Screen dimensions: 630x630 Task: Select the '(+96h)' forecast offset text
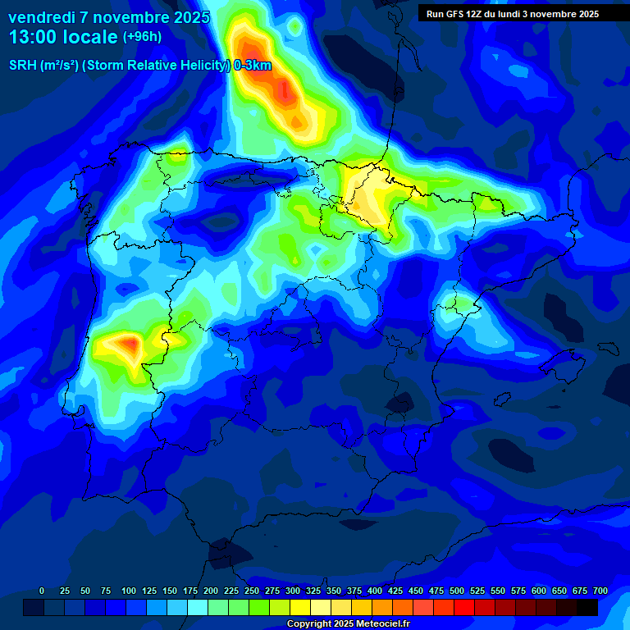[x=142, y=37]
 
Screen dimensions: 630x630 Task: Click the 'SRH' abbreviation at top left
[x=23, y=66]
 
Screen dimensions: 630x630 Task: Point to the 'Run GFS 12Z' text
[x=456, y=14]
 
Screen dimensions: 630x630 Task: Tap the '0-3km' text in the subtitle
[x=253, y=66]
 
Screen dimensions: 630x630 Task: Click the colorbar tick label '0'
[x=42, y=591]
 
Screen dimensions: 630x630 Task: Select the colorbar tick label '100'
[x=129, y=591]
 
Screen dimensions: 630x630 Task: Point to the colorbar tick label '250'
[x=252, y=591]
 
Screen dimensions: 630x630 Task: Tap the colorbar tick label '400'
[x=375, y=591]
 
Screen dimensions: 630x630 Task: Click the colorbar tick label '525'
[x=477, y=591]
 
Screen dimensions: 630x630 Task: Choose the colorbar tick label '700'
[x=600, y=591]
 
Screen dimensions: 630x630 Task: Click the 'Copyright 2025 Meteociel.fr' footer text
[x=349, y=623]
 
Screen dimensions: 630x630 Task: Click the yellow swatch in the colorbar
[x=300, y=607]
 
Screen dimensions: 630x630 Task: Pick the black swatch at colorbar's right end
[x=587, y=607]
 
